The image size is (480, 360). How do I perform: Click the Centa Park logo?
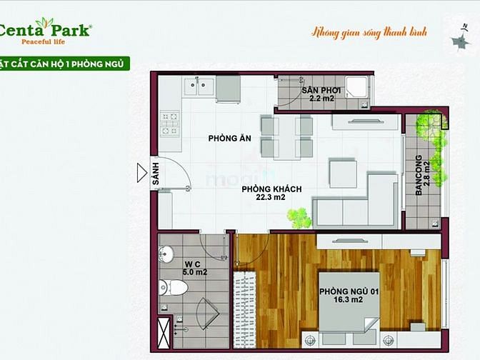point(44,31)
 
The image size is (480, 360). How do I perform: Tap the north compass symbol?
point(461,39)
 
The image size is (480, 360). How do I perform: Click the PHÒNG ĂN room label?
point(229,139)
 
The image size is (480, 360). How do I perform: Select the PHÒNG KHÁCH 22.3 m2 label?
point(271,193)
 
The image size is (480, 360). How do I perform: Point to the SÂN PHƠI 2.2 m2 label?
point(321,94)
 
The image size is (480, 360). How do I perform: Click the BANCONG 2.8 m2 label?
point(423,175)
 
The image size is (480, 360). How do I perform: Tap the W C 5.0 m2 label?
point(195,268)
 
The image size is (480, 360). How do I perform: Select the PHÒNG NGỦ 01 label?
point(349,291)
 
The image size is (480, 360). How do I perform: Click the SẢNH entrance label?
point(156,174)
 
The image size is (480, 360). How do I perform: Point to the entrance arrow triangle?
point(141,173)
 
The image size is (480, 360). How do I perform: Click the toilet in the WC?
point(174,287)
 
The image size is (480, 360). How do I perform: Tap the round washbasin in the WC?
point(166,254)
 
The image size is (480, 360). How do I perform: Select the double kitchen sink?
point(199,86)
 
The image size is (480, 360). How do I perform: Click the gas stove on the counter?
point(170,124)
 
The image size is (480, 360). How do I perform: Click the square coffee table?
point(343,174)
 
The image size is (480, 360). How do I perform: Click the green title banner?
point(64,64)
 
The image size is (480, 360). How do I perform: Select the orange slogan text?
point(369,32)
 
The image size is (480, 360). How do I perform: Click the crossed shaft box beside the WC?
point(164,332)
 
